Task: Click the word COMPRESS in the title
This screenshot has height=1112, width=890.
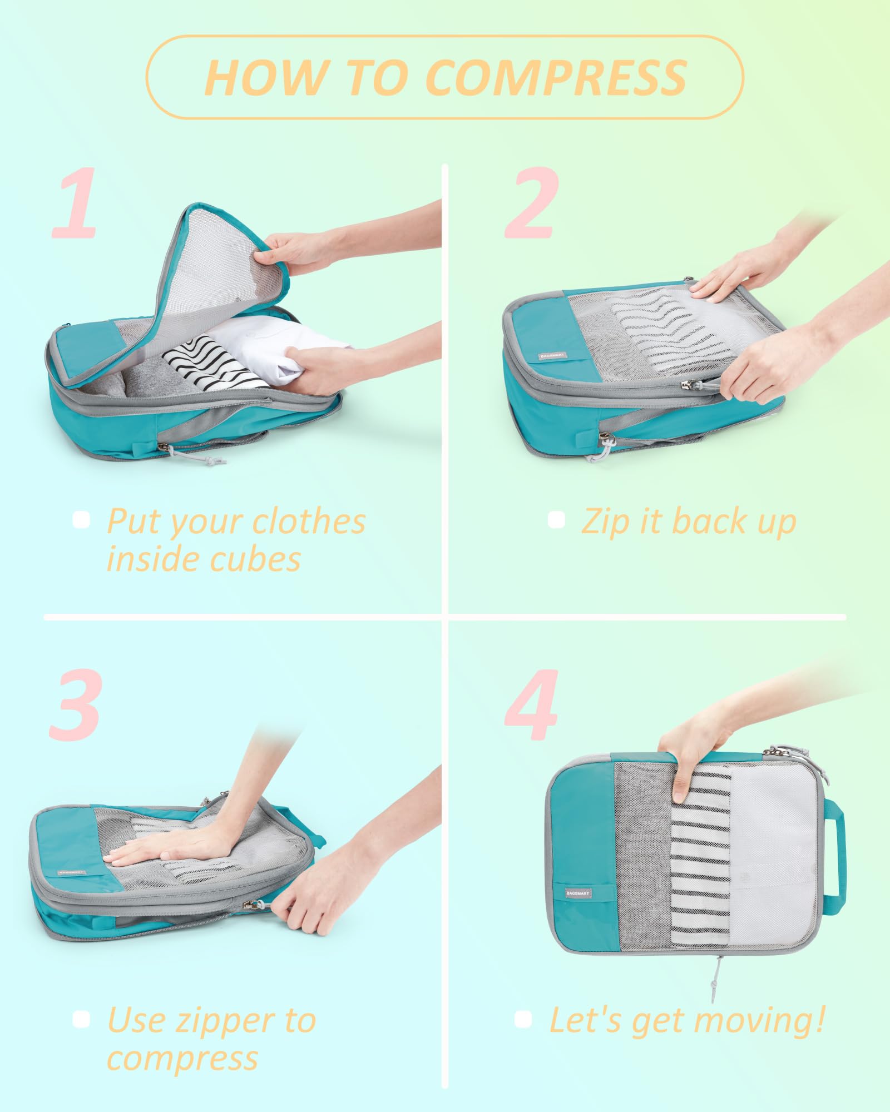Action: pos(556,77)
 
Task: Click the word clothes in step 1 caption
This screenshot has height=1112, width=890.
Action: pos(308,522)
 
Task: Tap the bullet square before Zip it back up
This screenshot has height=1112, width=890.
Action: pos(556,520)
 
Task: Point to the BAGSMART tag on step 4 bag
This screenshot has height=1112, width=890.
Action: pos(578,893)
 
